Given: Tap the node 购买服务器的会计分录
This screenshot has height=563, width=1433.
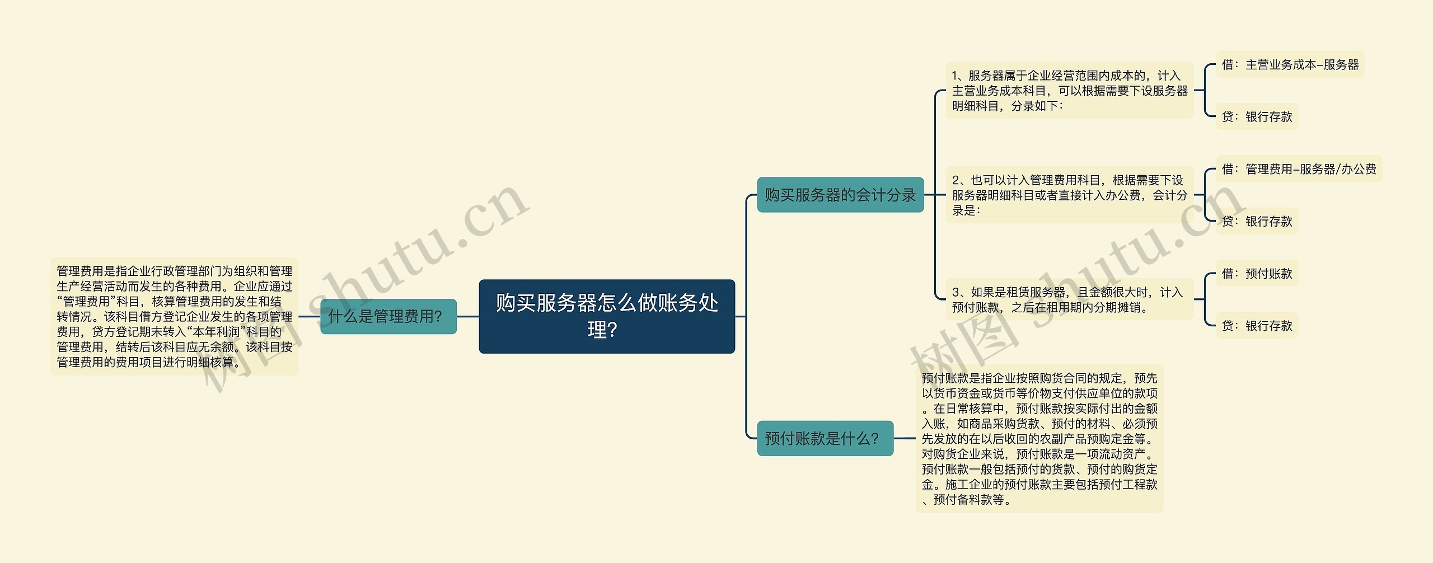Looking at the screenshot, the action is pos(840,195).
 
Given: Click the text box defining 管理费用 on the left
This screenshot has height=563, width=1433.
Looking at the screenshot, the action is pos(174,316).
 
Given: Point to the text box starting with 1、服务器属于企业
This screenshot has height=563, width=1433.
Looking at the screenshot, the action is pos(1069,91).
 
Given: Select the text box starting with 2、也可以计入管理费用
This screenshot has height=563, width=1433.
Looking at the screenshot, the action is pos(1069,195).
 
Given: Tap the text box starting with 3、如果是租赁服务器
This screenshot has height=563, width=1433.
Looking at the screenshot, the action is pos(1069,299).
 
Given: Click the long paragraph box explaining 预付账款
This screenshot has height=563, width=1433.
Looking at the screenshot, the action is pos(1039,438).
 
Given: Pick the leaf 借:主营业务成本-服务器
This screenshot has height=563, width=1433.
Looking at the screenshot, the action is pos(1290,64).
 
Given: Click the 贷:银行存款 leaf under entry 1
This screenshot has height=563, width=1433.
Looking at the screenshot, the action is pos(1257,116).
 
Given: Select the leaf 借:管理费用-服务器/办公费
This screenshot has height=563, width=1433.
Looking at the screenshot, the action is pos(1299,168).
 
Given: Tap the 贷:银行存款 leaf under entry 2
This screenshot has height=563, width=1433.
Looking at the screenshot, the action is pos(1257,221).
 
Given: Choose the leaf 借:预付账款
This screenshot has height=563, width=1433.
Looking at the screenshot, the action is pos(1257,273).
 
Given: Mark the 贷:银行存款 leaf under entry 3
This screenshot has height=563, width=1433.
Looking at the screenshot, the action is pos(1257,325).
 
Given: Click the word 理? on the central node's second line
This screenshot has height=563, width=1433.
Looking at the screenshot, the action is pos(602,330).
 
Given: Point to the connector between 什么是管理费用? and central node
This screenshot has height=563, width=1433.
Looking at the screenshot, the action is pos(468,316).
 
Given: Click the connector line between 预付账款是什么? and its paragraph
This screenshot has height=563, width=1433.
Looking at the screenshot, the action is pos(905,438).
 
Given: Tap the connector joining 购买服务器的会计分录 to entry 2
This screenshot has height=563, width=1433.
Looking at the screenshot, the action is pos(934,195).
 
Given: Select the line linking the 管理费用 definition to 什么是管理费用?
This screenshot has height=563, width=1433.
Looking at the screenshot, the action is pos(309,316).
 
